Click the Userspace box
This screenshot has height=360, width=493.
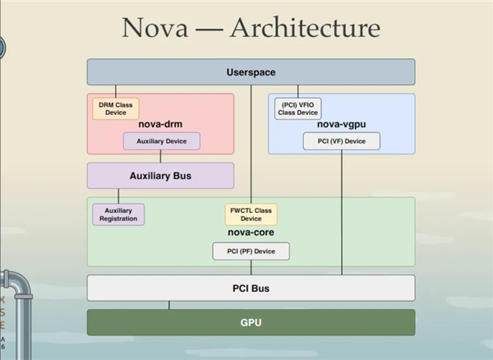(251, 72)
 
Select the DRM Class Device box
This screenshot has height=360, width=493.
(116, 108)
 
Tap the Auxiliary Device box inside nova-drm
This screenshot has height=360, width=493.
(162, 141)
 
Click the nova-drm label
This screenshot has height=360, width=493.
(160, 124)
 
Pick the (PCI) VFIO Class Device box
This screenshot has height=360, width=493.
(297, 108)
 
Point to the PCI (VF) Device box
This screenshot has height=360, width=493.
(342, 141)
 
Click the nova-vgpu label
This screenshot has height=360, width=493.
(342, 124)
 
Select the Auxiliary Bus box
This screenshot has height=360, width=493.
(160, 176)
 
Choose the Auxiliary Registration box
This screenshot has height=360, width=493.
(118, 215)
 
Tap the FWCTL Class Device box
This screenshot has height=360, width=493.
(251, 215)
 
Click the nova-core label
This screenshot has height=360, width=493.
(251, 233)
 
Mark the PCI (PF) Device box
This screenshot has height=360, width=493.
(251, 252)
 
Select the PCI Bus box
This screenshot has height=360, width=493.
(251, 288)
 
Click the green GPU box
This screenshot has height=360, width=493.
(251, 322)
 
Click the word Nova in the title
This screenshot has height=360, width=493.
(155, 28)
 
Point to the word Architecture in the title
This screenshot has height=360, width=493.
(305, 28)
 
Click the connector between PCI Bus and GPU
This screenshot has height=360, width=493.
(169, 305)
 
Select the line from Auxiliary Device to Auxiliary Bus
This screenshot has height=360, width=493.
(160, 156)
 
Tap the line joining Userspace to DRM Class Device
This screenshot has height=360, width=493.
(116, 91)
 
